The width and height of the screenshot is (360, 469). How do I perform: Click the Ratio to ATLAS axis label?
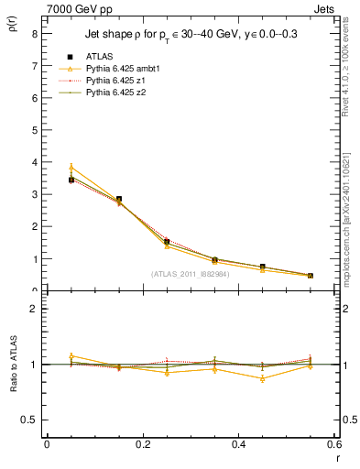tap(12, 364)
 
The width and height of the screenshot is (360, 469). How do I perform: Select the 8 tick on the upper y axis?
tap(34, 33)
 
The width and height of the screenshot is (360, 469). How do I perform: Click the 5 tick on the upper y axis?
tap(34, 129)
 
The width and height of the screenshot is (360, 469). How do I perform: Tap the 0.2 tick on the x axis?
tap(142, 444)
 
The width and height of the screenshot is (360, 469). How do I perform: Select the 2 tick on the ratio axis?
tap(34, 309)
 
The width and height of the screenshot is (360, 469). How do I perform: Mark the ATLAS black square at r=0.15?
tap(118, 199)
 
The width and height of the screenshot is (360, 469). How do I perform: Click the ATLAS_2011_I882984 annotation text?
tap(190, 273)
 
